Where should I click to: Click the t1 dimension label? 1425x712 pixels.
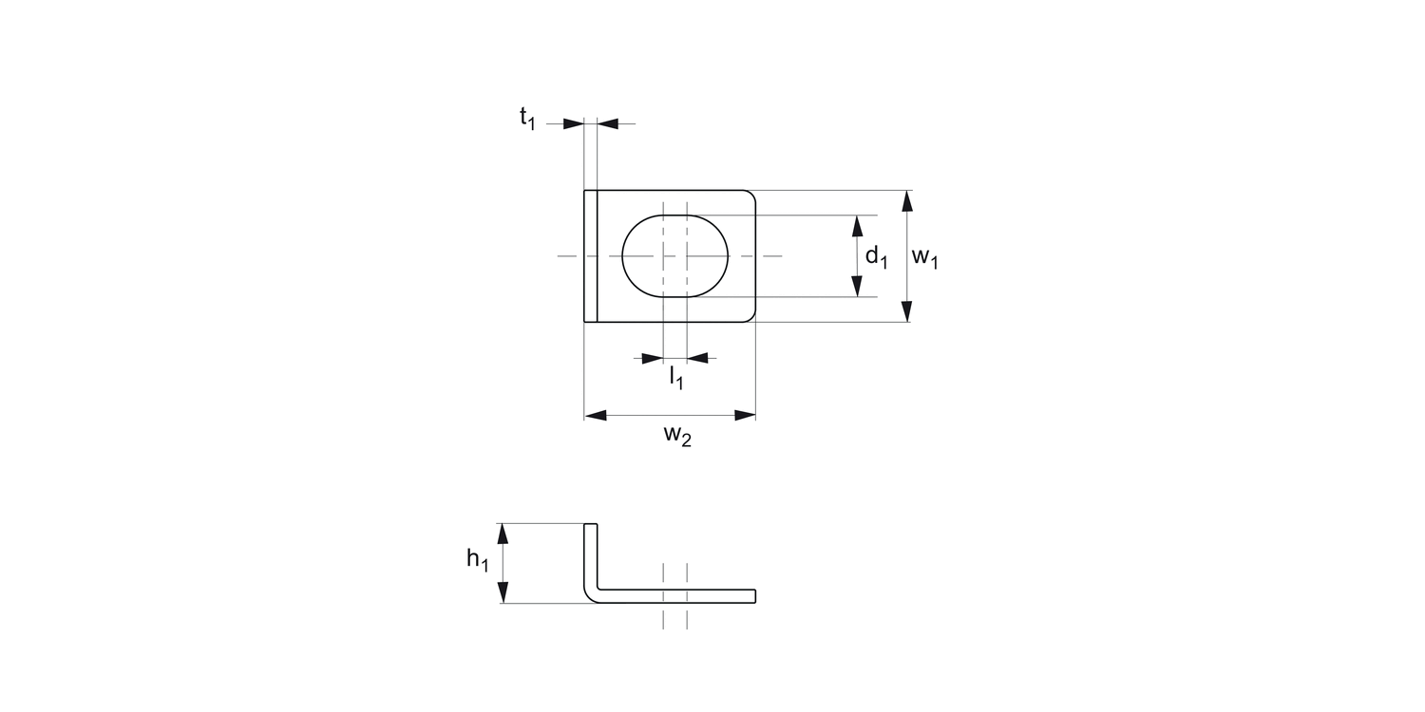pos(527,119)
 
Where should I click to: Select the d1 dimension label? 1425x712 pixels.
pos(875,256)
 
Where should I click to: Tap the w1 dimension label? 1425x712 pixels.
pos(924,257)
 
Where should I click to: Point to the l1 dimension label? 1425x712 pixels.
pos(676,377)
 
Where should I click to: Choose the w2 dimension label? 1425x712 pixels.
pos(677,436)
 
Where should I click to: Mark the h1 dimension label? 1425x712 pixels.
pos(477,560)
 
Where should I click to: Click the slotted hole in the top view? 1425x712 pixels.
pos(674,255)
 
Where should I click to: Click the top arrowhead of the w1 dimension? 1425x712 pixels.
pos(907,200)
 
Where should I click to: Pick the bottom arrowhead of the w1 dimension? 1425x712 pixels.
pos(907,312)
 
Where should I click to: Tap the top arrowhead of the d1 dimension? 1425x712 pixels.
pos(857,226)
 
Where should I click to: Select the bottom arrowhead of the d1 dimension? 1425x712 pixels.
pos(857,286)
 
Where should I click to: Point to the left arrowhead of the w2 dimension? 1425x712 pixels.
pos(596,415)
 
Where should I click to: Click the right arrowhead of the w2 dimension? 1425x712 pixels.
pos(744,415)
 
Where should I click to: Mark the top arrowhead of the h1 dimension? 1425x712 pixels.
pos(503,534)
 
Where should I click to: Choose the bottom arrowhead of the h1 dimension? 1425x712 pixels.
pos(503,592)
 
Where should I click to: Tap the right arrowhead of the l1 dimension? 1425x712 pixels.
pos(697,358)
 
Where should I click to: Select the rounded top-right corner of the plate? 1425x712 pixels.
pos(749,197)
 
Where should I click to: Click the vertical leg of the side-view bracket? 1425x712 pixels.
pos(591,555)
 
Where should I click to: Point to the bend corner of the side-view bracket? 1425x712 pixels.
pos(591,596)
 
